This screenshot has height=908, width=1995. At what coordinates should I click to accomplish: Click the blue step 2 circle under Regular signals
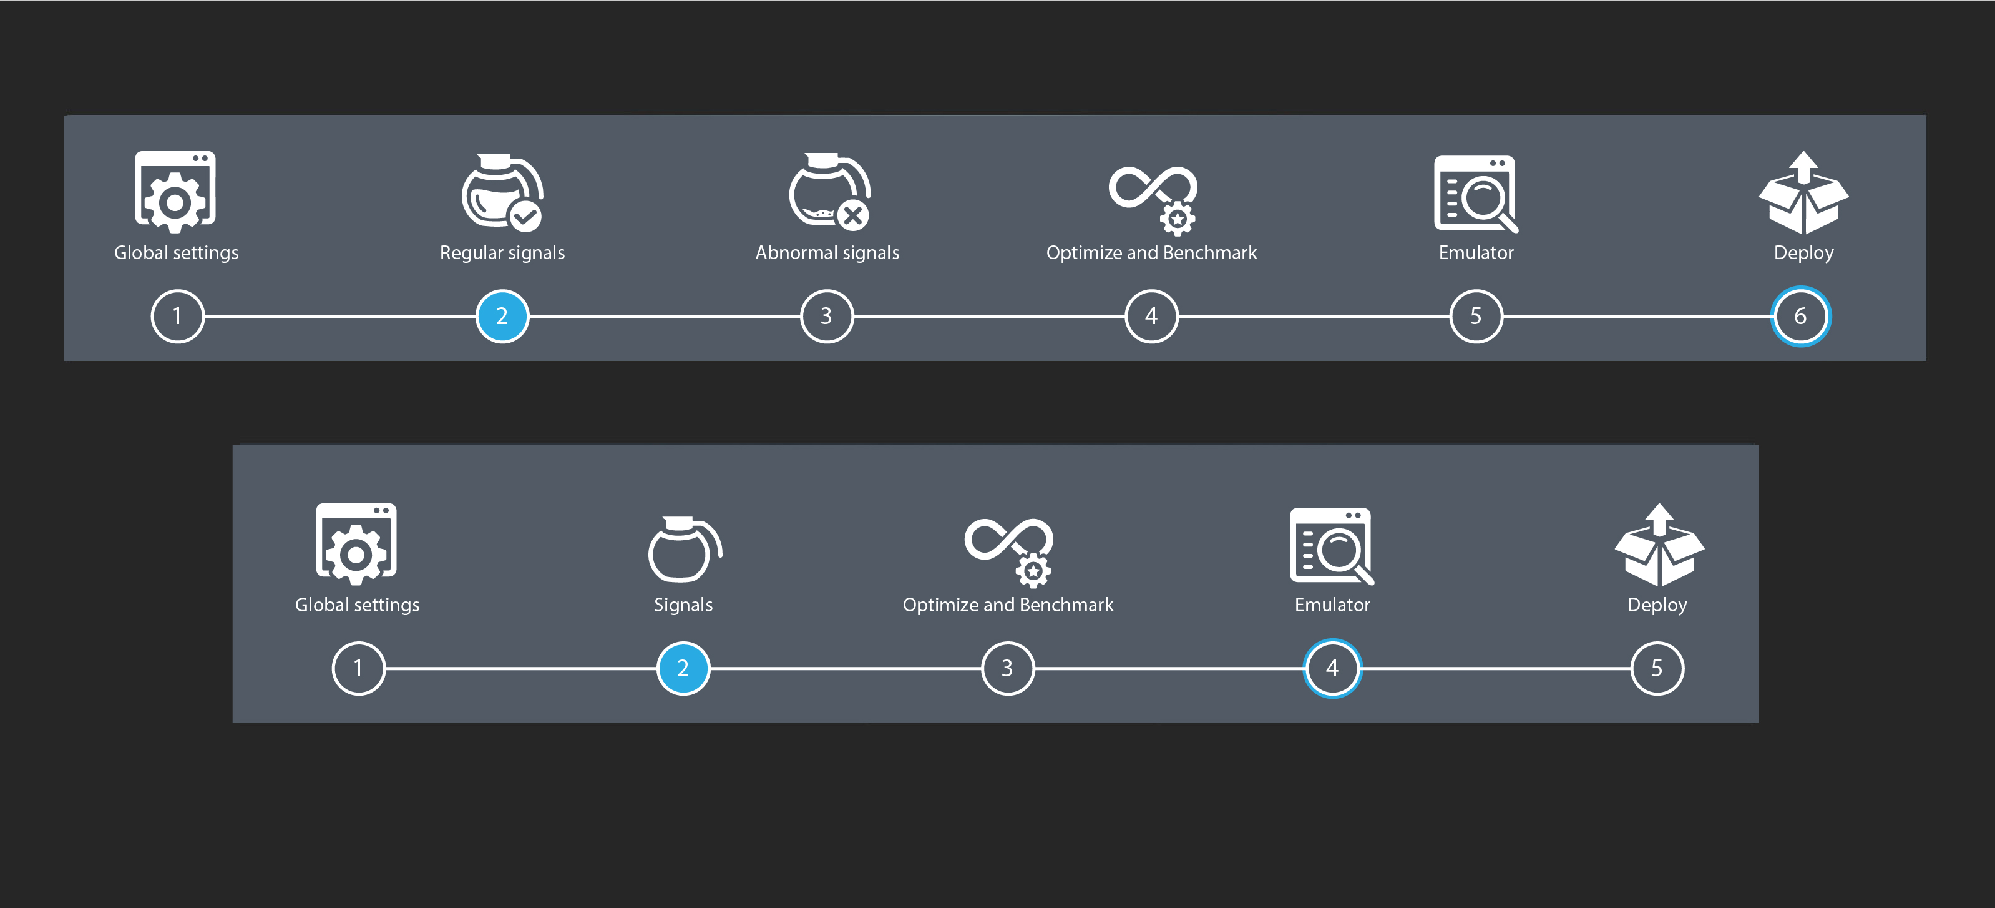[x=502, y=316]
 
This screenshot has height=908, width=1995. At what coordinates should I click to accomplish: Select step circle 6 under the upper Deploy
[x=1800, y=316]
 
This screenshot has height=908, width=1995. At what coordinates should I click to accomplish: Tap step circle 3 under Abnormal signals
[x=826, y=316]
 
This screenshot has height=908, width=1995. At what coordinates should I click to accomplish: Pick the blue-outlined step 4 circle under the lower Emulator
[x=1332, y=668]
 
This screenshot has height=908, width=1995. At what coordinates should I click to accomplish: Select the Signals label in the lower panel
[x=683, y=605]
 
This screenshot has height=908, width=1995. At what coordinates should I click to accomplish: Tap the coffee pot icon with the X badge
[x=829, y=191]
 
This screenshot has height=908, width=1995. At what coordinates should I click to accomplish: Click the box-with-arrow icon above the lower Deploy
[x=1659, y=545]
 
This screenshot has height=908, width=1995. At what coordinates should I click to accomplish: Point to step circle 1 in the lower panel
[x=359, y=668]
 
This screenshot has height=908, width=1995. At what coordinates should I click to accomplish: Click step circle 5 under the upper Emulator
[x=1476, y=316]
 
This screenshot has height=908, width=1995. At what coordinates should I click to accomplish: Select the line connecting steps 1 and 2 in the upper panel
[x=340, y=316]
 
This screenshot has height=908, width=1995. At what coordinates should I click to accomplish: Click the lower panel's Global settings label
[x=357, y=605]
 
